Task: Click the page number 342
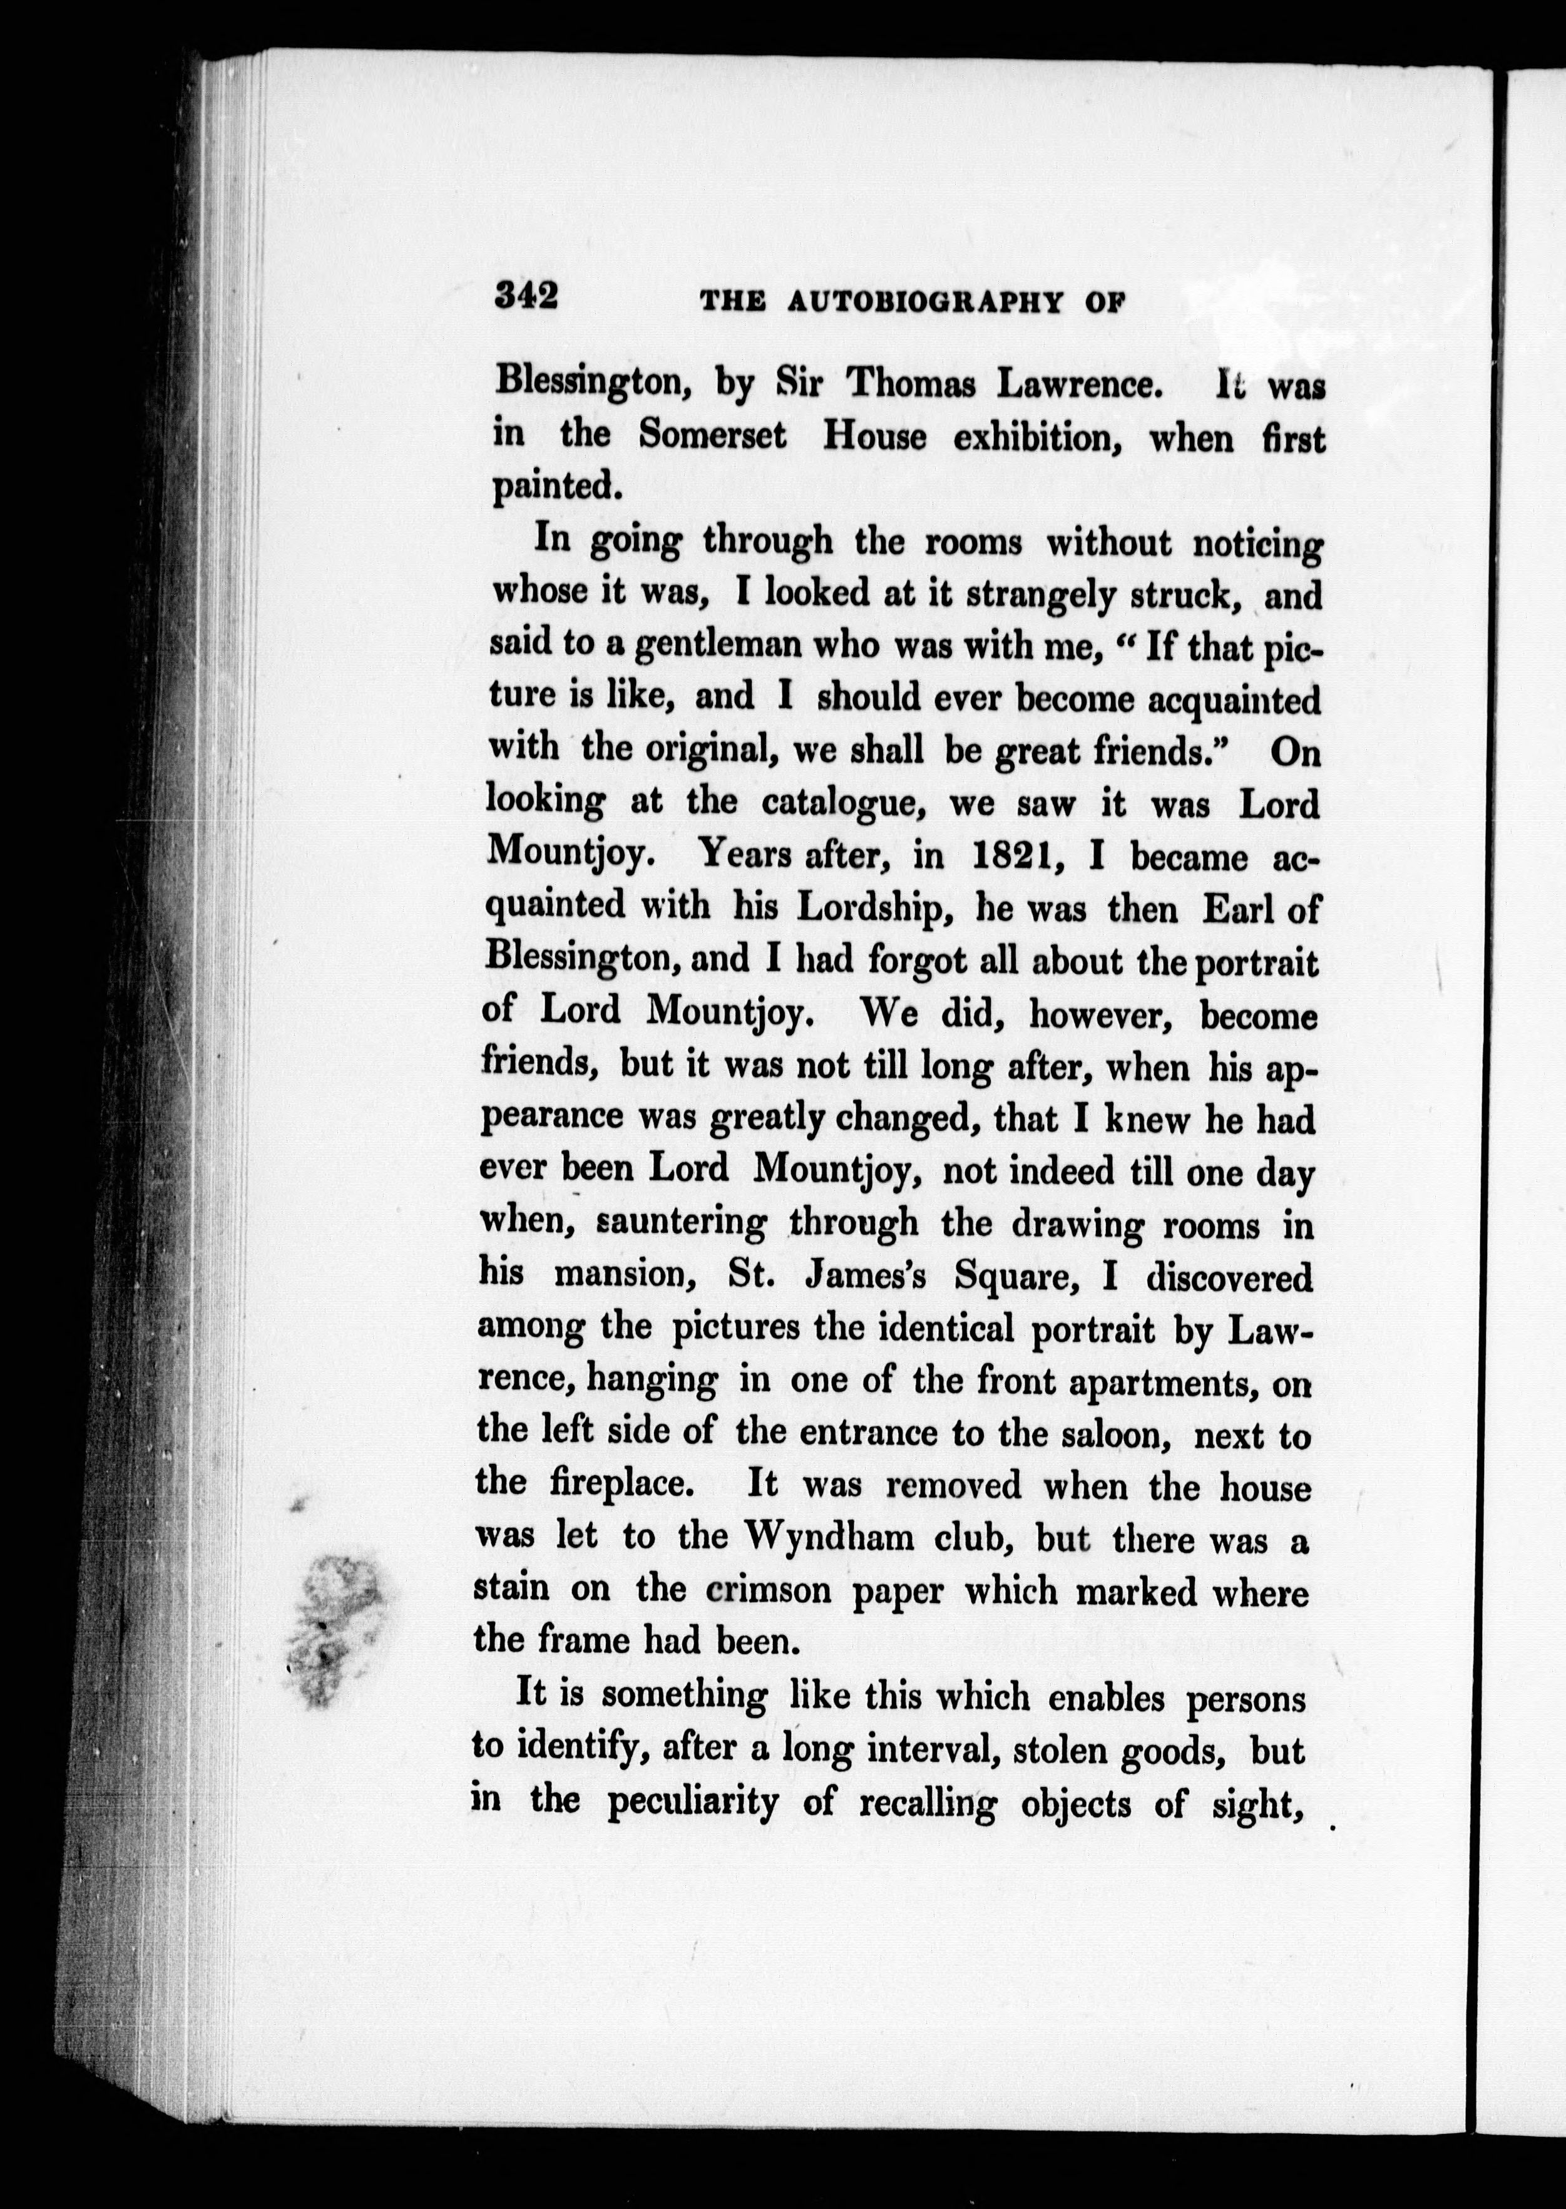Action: tap(526, 295)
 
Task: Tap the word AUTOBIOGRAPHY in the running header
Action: tap(924, 303)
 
